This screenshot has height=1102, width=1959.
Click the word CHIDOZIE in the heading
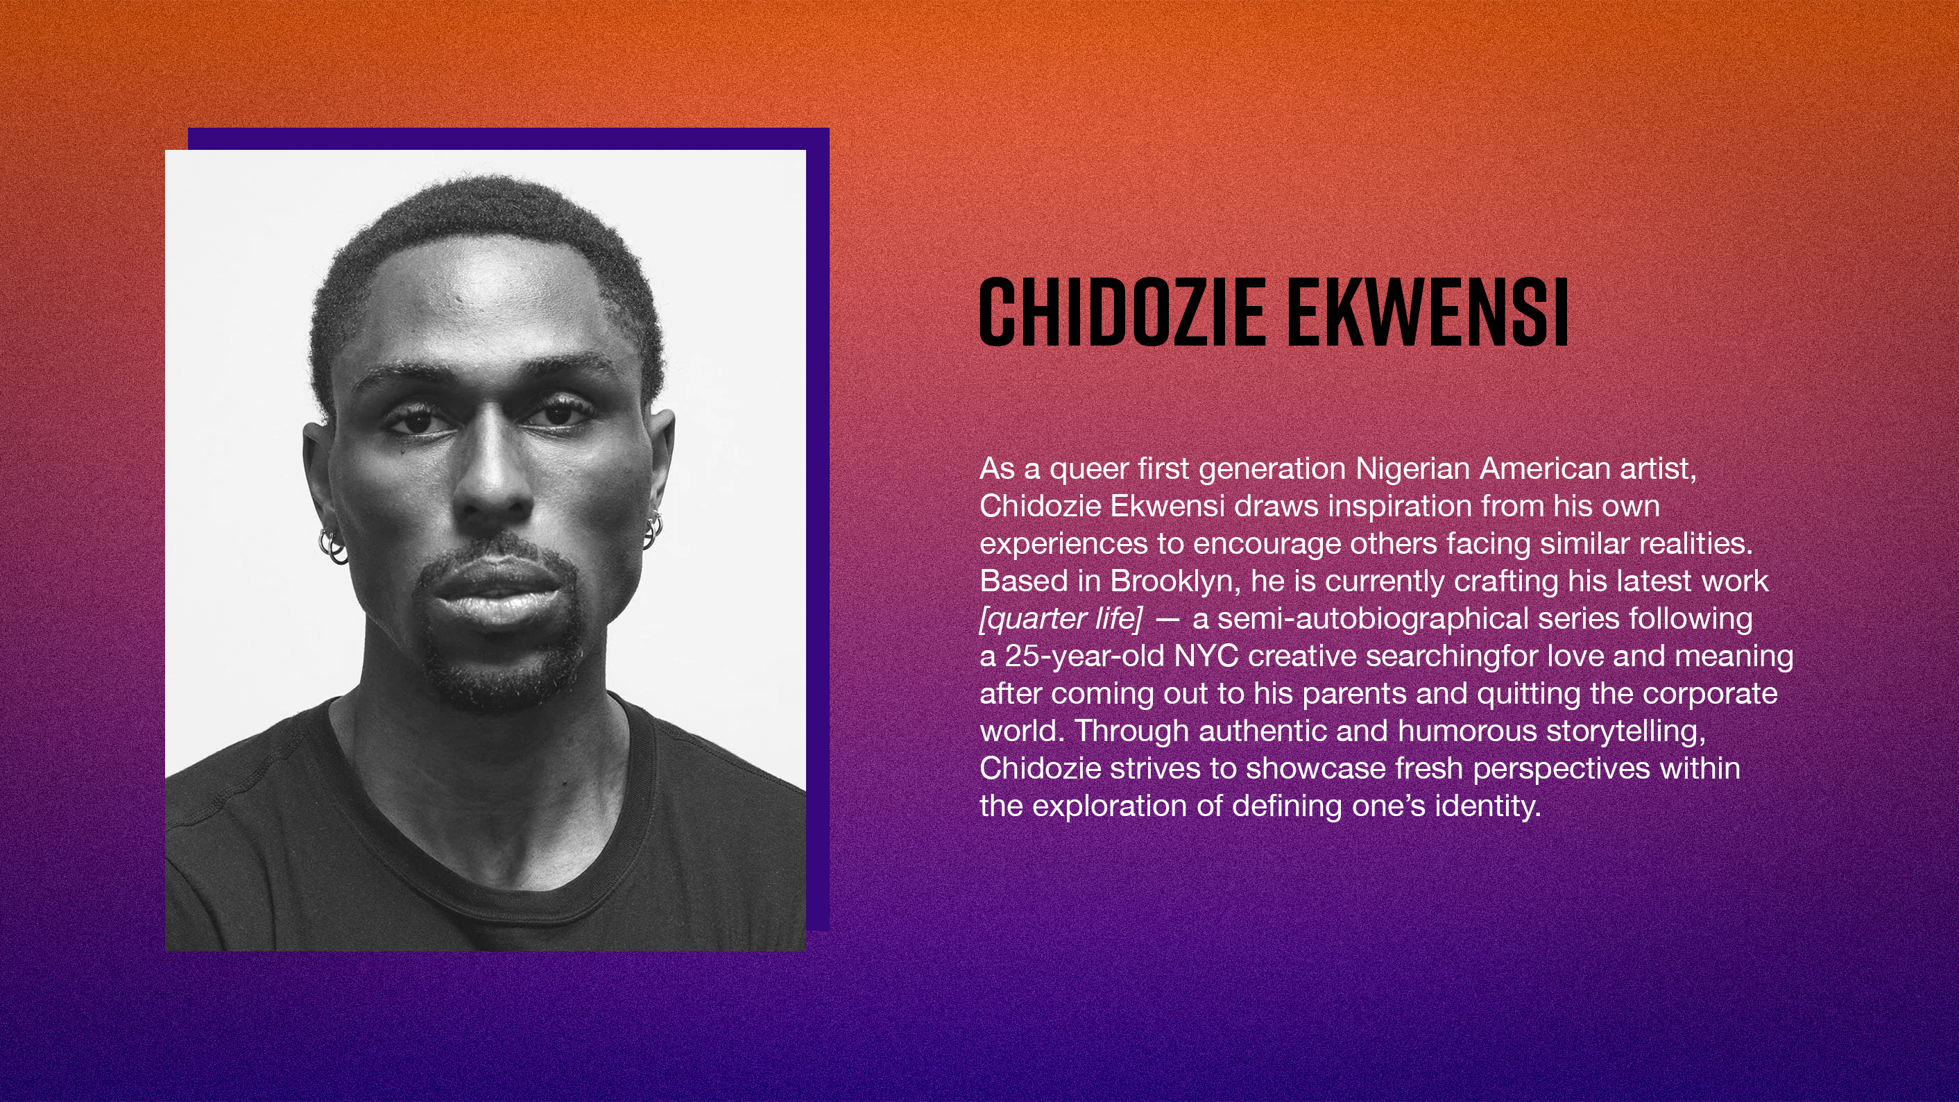1122,312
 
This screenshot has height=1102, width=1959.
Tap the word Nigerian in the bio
1412,470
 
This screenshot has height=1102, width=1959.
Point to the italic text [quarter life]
1061,619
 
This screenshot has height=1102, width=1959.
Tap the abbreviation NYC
1206,656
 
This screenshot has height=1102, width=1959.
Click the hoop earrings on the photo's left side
332,545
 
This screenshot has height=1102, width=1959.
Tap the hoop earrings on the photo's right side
653,530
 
